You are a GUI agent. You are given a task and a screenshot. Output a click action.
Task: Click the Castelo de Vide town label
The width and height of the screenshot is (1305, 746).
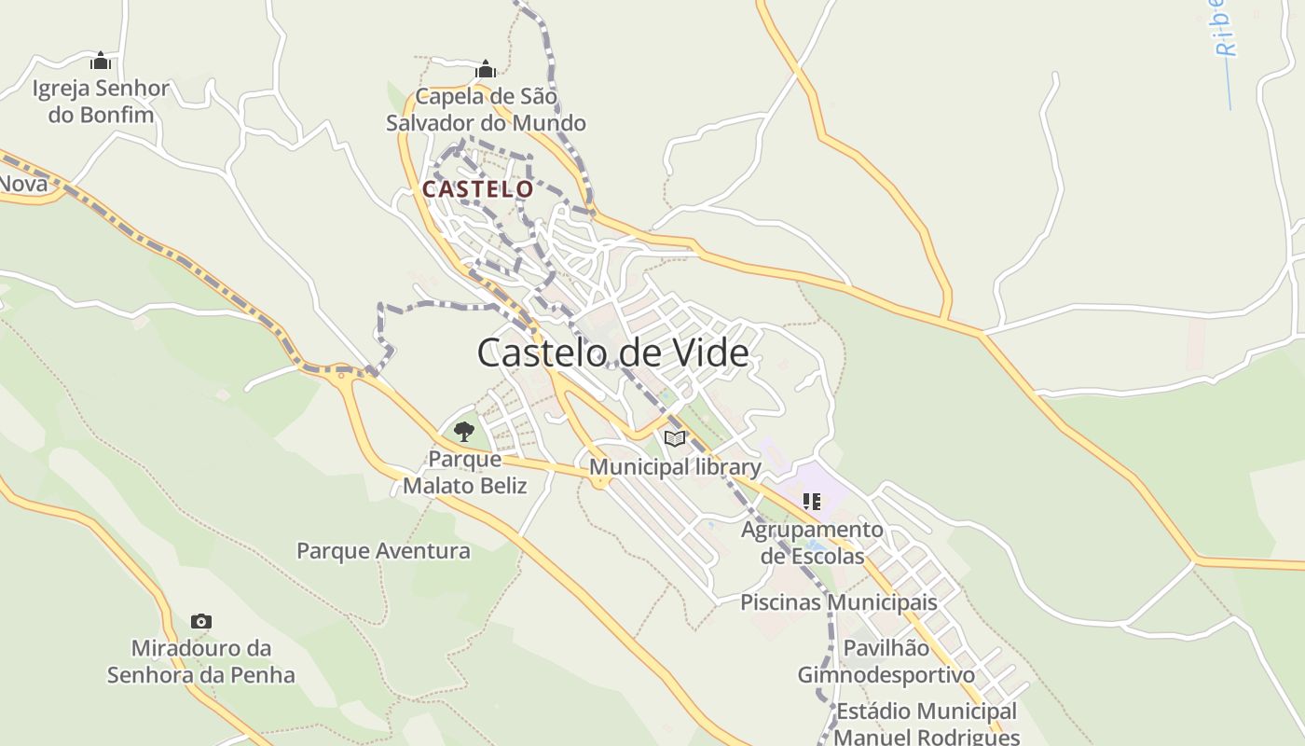[612, 353]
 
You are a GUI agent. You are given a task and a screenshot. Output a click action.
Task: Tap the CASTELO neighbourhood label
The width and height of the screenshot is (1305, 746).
[477, 189]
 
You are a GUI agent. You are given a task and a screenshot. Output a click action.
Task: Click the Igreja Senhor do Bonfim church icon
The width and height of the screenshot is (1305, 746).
[100, 62]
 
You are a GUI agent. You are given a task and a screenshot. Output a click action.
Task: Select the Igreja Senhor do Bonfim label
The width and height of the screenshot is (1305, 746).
[101, 102]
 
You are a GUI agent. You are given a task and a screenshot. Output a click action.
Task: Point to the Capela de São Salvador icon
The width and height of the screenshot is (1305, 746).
[485, 69]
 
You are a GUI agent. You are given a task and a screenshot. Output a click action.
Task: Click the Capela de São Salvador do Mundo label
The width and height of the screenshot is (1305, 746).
[486, 110]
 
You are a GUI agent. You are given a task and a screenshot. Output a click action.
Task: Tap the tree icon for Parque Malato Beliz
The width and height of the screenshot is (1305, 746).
[463, 431]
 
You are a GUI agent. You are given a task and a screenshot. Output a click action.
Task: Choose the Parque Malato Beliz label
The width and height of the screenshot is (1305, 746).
[464, 473]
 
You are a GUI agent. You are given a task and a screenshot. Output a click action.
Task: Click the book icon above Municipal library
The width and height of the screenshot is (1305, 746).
[675, 438]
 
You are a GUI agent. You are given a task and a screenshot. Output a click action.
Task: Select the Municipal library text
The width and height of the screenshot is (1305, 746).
[675, 466]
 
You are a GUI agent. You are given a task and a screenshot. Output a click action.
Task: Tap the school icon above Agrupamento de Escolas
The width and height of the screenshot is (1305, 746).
[812, 502]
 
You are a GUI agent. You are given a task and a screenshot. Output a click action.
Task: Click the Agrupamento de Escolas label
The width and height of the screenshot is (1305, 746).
[812, 543]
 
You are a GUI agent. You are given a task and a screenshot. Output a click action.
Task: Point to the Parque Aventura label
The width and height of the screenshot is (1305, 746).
[383, 551]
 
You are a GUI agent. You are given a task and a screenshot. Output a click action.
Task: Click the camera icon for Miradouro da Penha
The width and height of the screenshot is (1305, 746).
[200, 621]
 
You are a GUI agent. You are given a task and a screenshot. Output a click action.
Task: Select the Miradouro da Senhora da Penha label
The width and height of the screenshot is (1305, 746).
[200, 661]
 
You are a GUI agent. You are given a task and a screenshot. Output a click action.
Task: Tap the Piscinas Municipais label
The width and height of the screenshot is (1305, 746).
[838, 602]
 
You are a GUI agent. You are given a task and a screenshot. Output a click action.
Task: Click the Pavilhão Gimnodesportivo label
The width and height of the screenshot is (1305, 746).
[886, 661]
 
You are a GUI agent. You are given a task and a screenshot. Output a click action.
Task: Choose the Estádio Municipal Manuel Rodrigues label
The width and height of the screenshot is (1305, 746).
[926, 724]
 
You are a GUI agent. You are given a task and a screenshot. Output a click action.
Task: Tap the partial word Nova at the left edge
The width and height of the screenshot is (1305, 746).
[22, 184]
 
